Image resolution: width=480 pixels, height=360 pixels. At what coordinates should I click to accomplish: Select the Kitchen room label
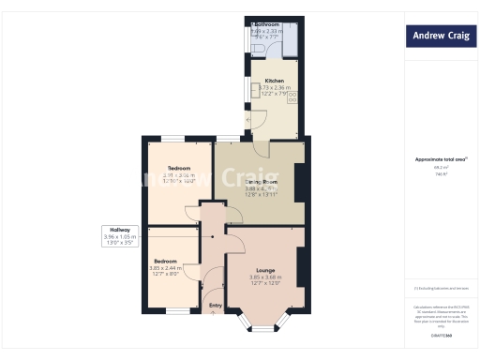pos(274,82)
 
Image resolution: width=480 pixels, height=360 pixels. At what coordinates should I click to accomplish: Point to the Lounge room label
pos(265,270)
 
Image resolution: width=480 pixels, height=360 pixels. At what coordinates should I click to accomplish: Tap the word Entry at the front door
pos(216,306)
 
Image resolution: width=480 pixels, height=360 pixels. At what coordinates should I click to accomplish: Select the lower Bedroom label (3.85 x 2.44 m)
pos(166,261)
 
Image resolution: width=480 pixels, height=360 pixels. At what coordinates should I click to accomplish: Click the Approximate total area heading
pos(441,159)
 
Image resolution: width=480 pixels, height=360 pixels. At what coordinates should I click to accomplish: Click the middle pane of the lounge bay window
pos(265,328)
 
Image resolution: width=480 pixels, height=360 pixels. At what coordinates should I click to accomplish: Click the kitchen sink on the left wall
pos(254,89)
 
